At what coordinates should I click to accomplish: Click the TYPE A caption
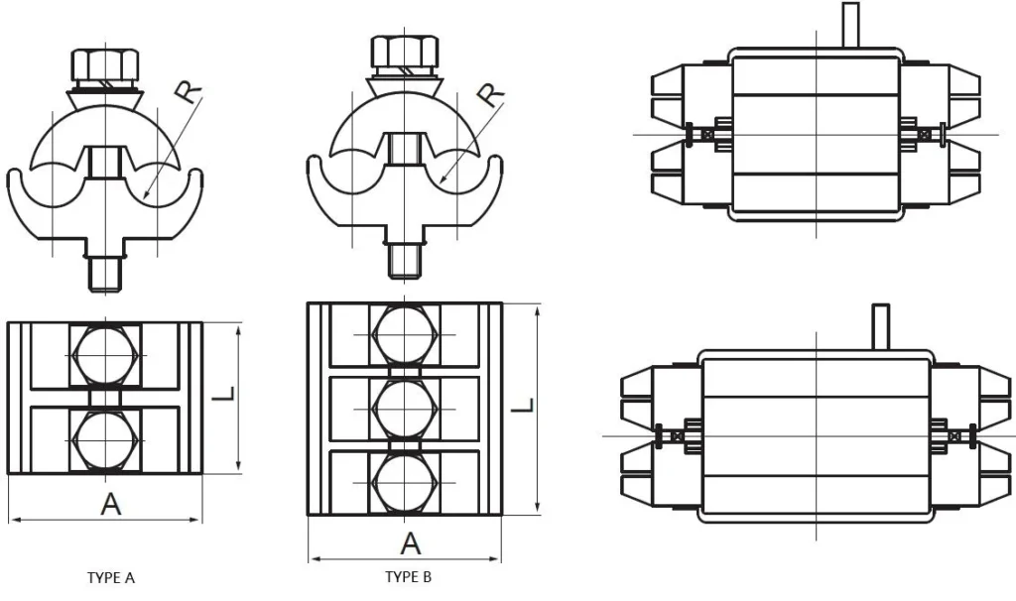[111, 577]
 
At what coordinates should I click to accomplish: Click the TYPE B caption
[409, 577]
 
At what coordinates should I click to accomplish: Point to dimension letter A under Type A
[112, 504]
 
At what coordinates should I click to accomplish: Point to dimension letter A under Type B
[410, 542]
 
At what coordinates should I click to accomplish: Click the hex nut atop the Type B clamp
[404, 52]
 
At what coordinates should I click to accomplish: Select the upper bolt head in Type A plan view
[106, 355]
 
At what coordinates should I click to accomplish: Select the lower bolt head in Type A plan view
[106, 439]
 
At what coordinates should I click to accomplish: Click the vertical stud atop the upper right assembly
[849, 24]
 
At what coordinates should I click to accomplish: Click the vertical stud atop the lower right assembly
[880, 325]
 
